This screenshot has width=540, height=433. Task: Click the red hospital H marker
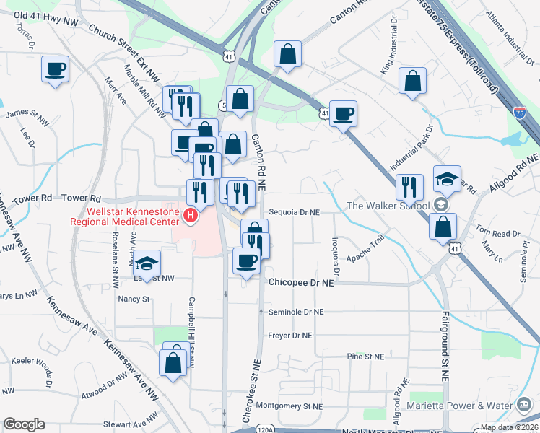[191, 215]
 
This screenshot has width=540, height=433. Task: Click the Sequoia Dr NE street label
[294, 212]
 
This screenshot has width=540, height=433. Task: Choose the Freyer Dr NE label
[290, 336]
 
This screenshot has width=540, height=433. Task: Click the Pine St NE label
[364, 357]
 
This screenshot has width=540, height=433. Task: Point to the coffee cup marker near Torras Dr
[55, 70]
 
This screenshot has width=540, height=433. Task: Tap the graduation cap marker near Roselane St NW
[147, 263]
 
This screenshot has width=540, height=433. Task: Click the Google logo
[24, 424]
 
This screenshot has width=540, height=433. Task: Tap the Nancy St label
[134, 298]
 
